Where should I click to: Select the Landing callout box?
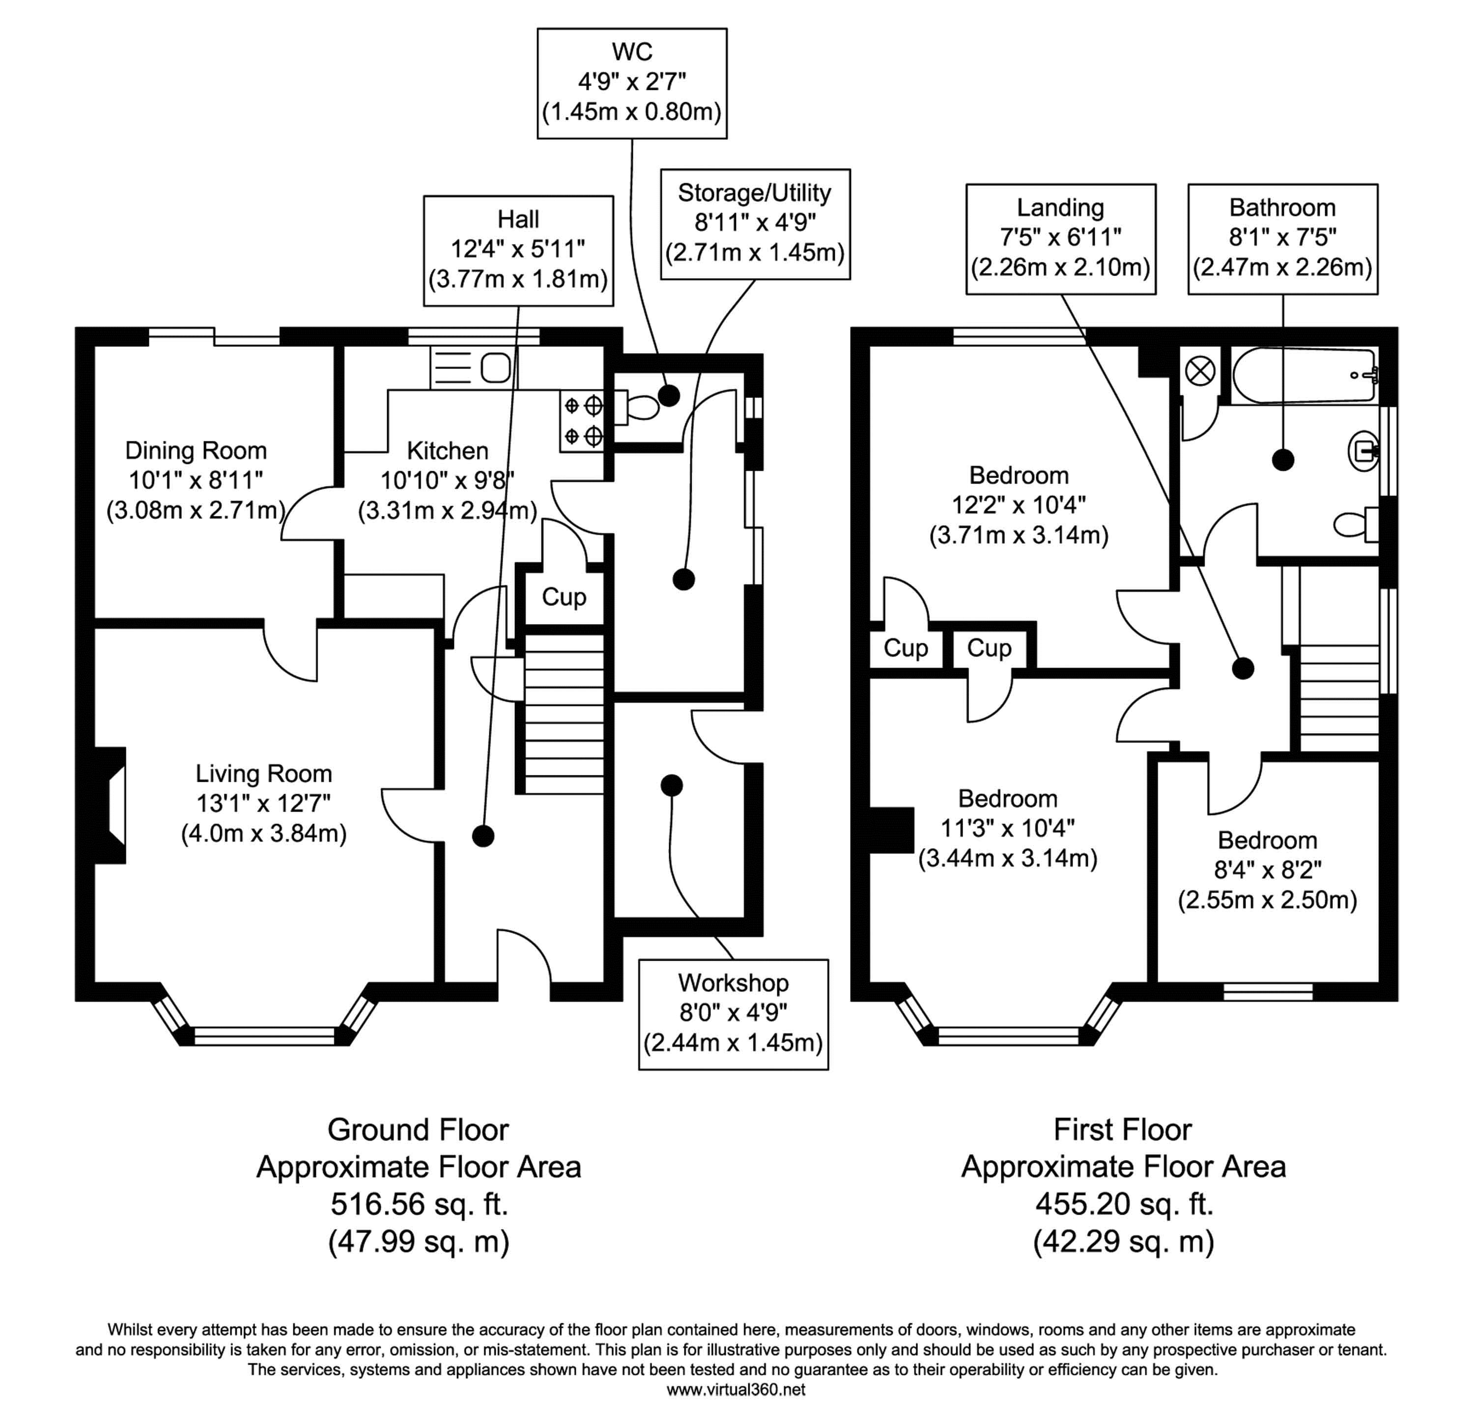[1060, 238]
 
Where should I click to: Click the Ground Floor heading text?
[418, 1129]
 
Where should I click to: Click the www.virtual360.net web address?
[736, 1389]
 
